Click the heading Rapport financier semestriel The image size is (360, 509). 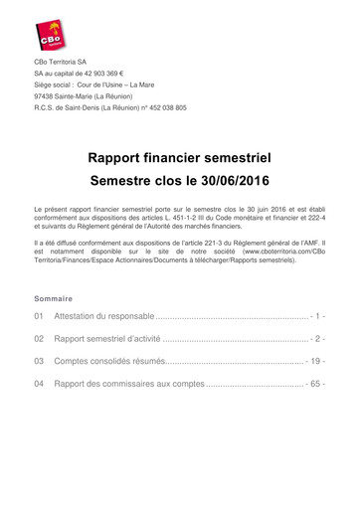point(179,158)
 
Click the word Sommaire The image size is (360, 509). point(53,270)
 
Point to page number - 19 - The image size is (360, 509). point(314,334)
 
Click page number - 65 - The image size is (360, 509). point(315,356)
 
